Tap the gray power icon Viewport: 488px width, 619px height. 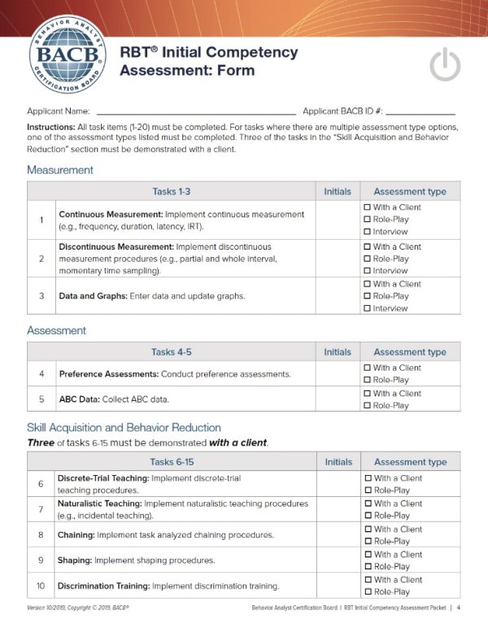coord(445,64)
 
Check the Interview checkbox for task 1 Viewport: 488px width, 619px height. coord(368,232)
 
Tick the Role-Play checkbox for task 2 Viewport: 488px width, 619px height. coord(368,259)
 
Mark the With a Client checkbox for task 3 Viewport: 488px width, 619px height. coord(368,284)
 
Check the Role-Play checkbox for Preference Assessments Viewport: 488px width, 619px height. coord(368,380)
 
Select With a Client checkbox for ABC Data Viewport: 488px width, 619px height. coord(368,393)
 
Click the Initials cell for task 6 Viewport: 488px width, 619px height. coord(338,484)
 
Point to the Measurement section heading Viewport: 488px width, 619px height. coord(59,170)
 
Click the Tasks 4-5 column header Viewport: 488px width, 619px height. coord(171,352)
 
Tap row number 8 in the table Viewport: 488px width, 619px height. coord(41,534)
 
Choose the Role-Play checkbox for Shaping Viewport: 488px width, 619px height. coord(368,566)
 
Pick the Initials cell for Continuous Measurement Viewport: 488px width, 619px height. coord(338,220)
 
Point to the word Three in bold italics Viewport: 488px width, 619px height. coord(42,442)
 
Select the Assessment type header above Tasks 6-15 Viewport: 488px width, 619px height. coord(409,462)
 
